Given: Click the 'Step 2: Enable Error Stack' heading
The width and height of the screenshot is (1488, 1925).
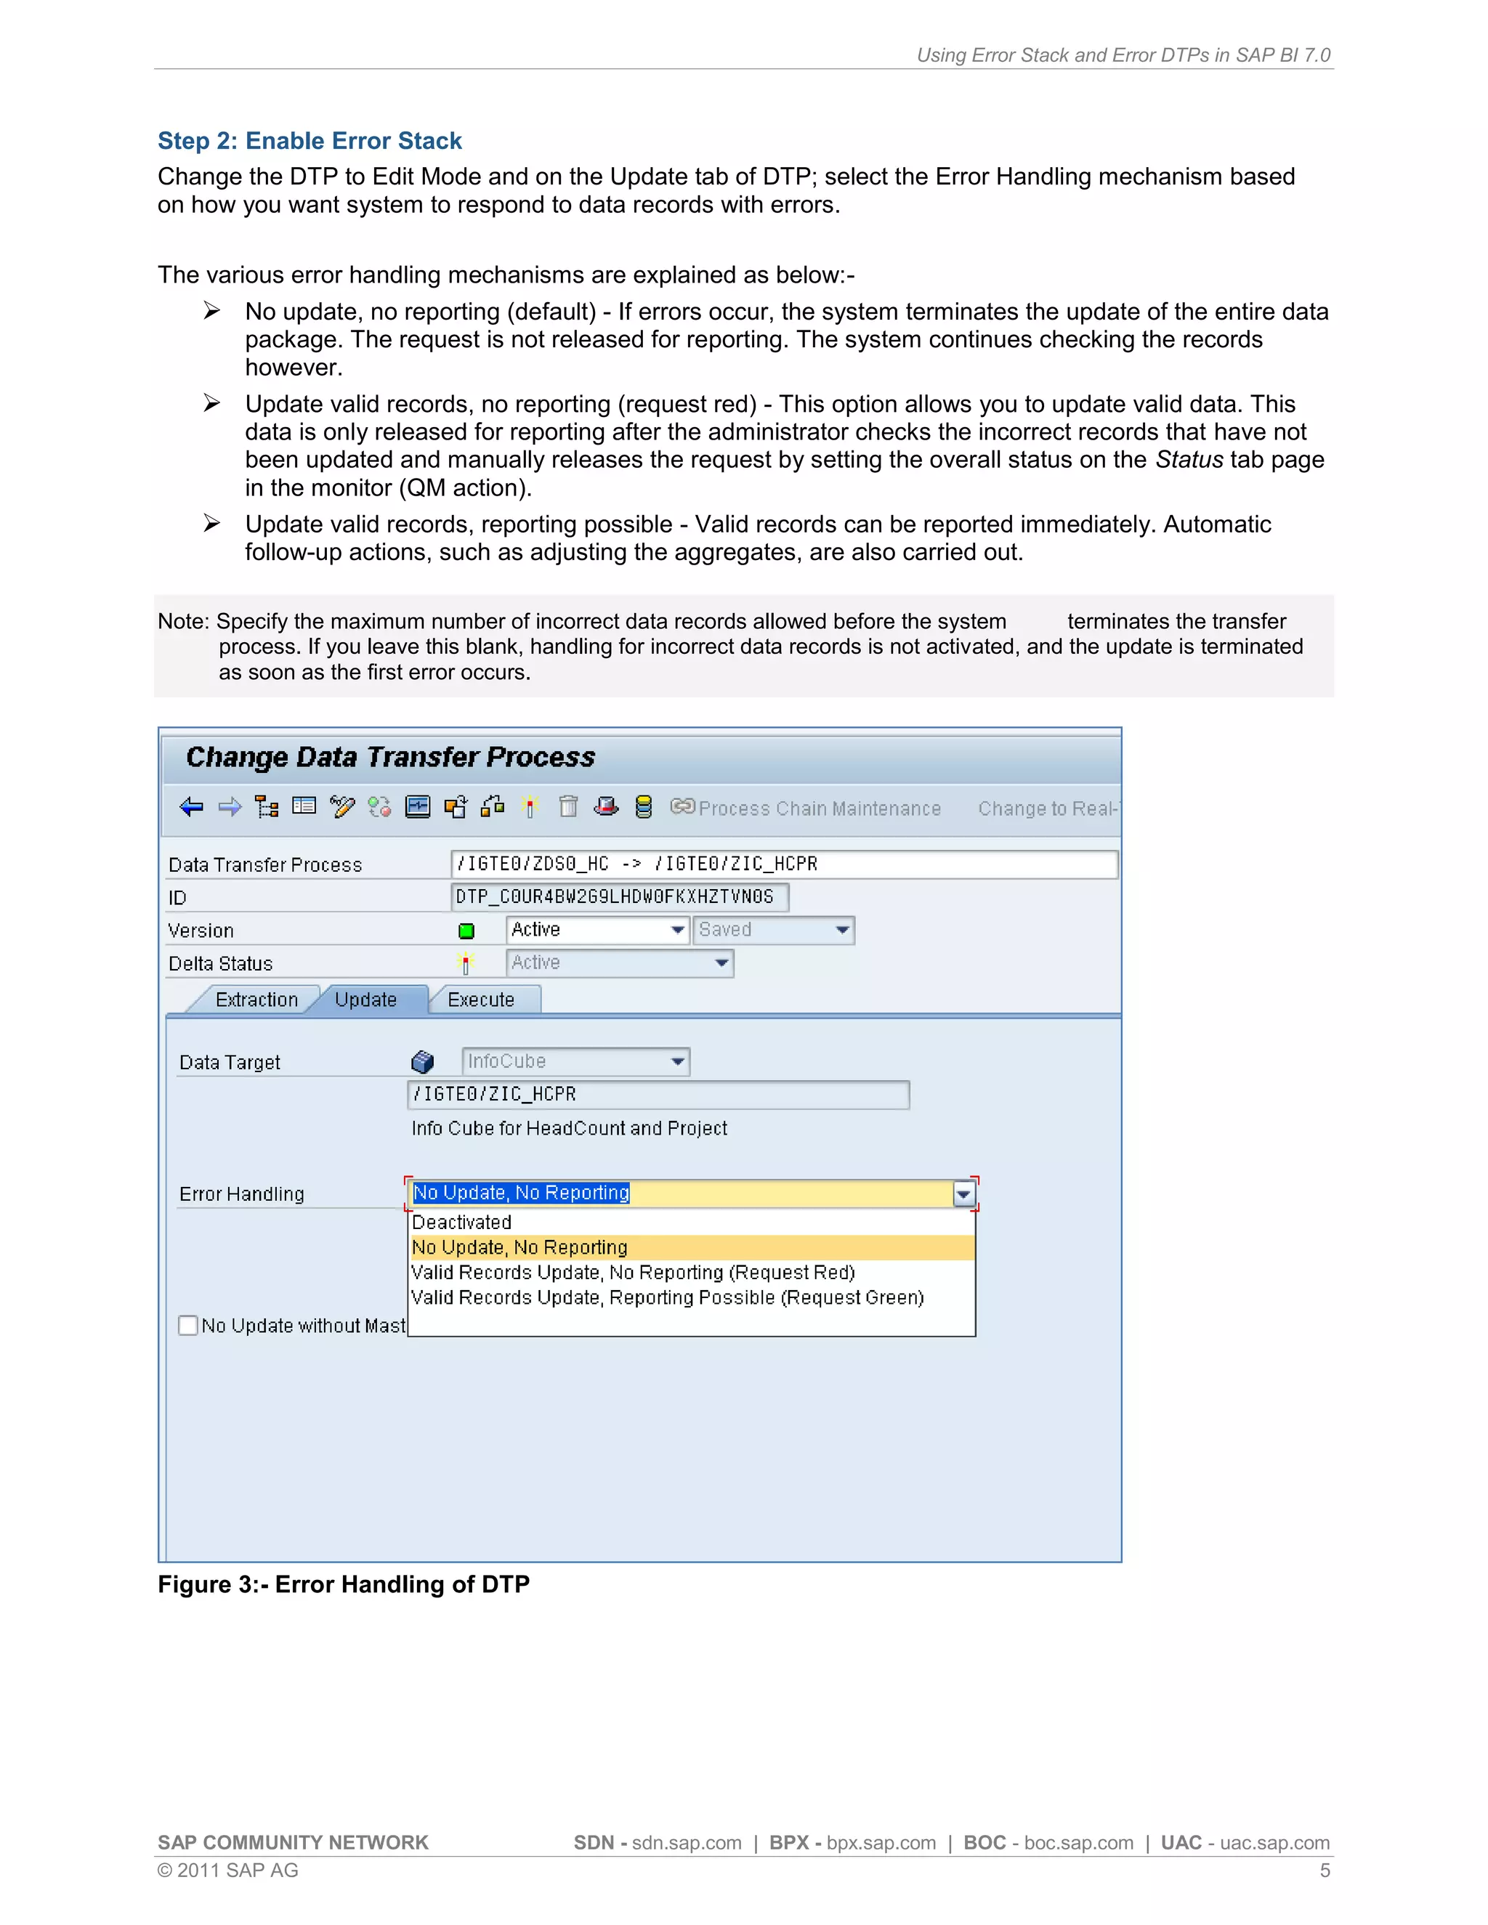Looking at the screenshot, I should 310,141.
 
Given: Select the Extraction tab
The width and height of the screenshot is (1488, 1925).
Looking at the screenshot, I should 256,1000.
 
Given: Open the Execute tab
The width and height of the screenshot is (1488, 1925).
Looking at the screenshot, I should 480,1000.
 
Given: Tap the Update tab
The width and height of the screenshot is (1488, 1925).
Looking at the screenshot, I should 366,1000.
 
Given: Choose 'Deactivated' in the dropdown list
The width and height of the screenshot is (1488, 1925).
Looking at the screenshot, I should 462,1223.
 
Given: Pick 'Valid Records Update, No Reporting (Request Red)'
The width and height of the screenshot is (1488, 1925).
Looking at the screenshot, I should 633,1273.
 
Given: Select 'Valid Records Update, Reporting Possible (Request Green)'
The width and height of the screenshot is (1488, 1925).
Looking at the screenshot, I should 667,1297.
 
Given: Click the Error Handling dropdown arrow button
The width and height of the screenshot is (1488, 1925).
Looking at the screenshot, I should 963,1194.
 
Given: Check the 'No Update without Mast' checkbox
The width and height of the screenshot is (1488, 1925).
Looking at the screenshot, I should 187,1326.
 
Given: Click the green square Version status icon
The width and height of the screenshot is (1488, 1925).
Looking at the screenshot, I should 466,931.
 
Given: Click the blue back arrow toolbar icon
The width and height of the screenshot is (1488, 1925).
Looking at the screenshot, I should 191,807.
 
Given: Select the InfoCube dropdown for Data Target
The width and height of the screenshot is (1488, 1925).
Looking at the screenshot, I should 575,1061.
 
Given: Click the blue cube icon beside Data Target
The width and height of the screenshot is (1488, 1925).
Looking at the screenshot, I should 423,1062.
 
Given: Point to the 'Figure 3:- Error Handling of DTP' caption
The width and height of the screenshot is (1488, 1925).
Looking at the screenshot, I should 344,1585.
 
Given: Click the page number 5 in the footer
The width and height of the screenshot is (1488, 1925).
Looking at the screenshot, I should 1324,1871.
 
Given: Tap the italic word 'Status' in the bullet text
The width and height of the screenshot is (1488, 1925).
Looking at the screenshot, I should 1189,460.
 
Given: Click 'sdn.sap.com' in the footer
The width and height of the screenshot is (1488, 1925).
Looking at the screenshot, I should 687,1843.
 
